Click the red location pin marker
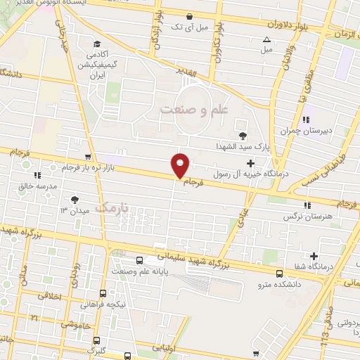pos(181,165)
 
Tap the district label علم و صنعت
pos(194,110)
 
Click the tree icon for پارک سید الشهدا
pos(243,136)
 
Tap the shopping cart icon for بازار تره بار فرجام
pos(87,157)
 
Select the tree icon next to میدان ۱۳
pos(75,200)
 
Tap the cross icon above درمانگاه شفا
pos(314,256)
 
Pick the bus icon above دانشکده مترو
pos(279,274)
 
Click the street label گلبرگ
pos(96,349)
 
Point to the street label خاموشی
pos(74,325)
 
